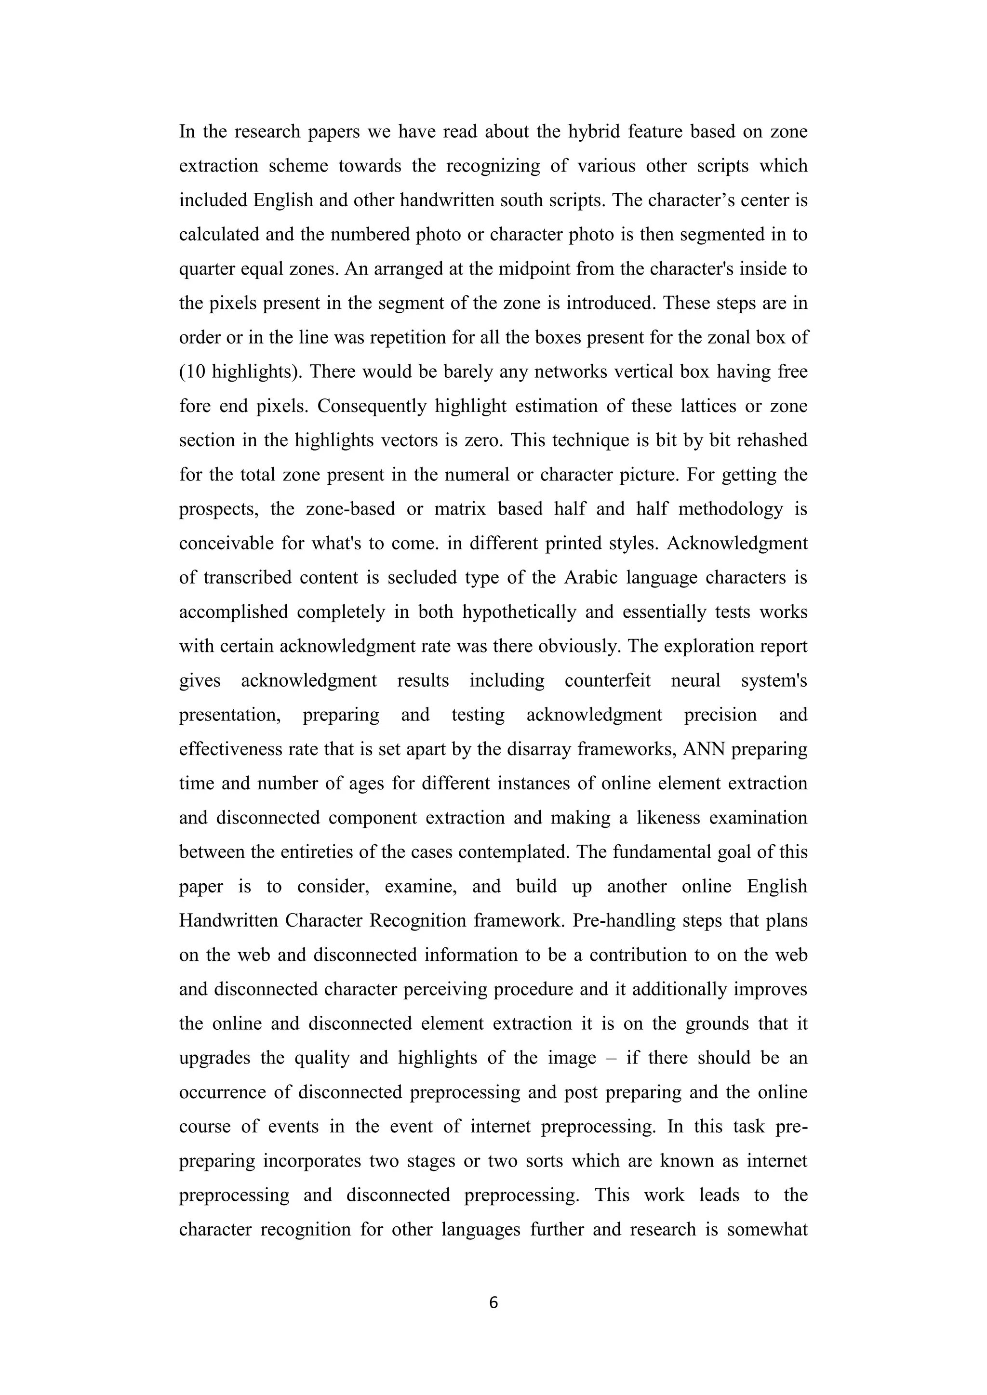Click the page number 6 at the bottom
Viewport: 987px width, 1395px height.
click(493, 1302)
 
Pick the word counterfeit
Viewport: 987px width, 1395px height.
click(607, 680)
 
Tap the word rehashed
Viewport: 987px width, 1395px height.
click(772, 440)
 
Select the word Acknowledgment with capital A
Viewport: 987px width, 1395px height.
click(737, 543)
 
